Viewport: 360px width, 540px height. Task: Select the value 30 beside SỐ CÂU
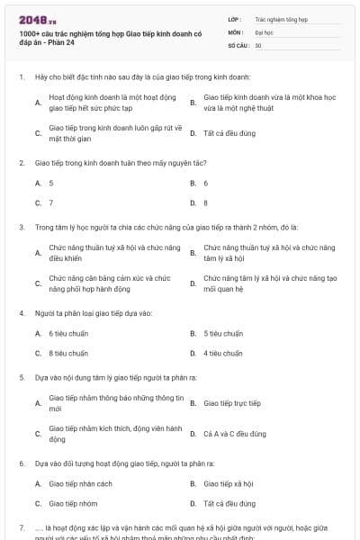258,44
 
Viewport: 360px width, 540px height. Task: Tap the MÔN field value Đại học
264,31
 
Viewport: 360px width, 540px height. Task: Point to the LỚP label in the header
234,17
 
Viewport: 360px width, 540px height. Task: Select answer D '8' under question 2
205,203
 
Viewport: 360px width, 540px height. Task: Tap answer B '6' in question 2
205,183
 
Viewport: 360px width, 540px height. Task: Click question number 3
21,228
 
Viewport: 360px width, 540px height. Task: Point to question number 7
21,526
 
